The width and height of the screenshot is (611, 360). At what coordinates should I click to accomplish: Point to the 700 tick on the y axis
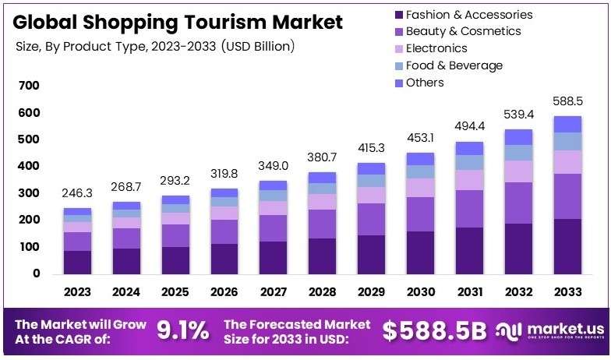click(x=29, y=86)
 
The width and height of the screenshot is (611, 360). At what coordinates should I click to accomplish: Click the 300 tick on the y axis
click(x=29, y=193)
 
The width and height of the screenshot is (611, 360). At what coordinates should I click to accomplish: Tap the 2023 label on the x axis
click(x=77, y=292)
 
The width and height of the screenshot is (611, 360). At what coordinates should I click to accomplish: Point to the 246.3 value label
click(x=77, y=193)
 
